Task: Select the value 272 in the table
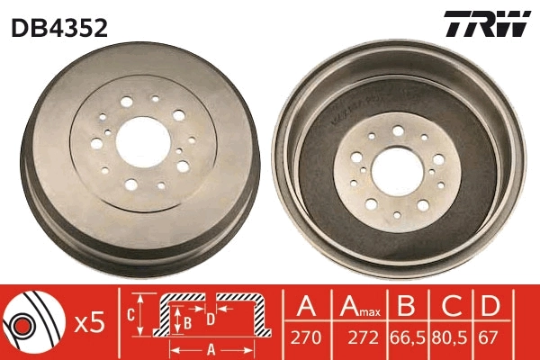click(357, 339)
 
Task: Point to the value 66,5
click(406, 339)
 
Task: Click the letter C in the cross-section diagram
click(130, 315)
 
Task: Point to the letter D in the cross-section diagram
click(210, 317)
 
